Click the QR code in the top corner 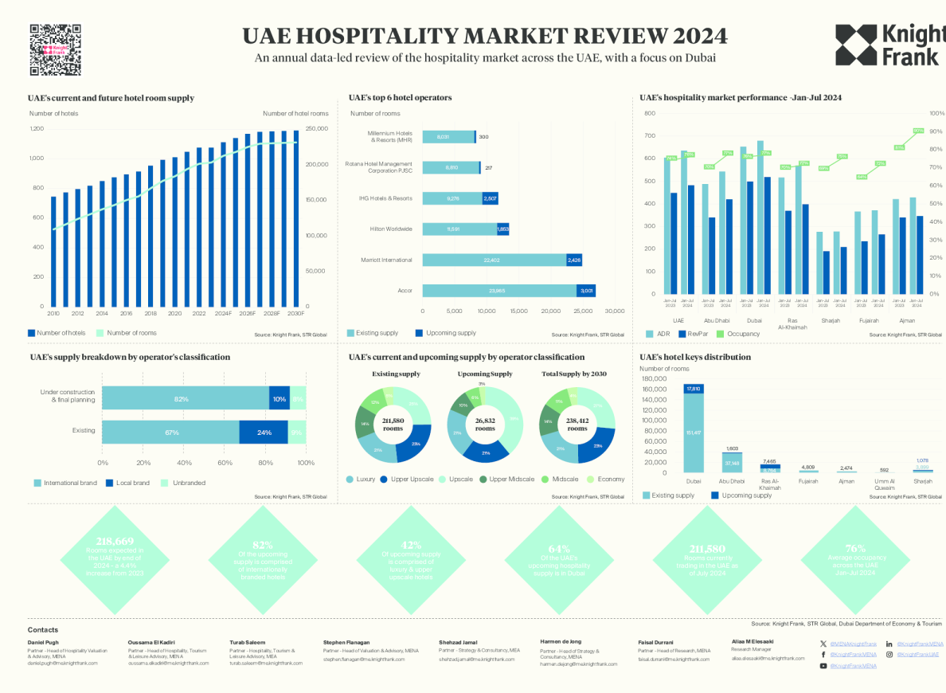pos(56,49)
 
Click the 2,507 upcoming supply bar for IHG pos(490,198)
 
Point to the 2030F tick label pos(296,314)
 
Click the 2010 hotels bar pos(53,251)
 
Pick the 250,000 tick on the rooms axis pos(317,128)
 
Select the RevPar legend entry pos(696,334)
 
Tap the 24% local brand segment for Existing pos(264,432)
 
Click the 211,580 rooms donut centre pos(393,424)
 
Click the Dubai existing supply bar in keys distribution pos(693,433)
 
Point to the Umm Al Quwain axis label pos(884,484)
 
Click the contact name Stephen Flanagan pos(347,641)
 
